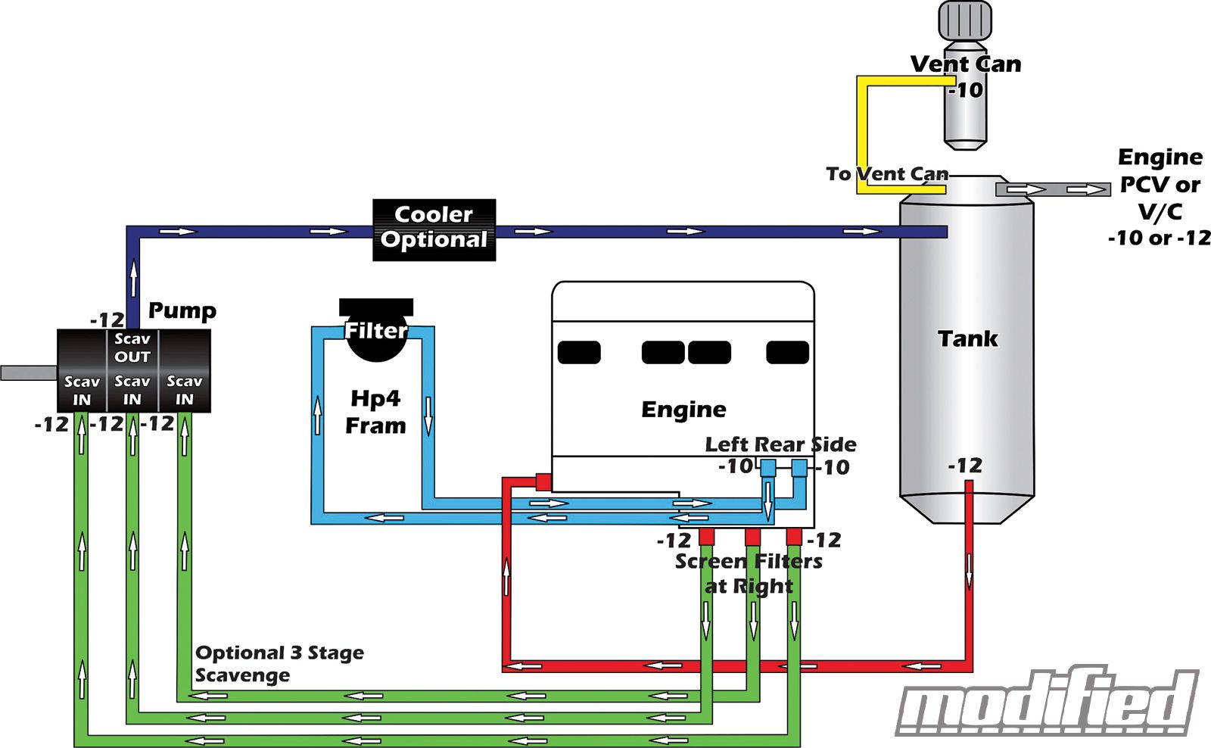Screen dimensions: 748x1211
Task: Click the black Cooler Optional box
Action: tap(434, 229)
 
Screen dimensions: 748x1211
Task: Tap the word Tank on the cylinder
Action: tap(967, 338)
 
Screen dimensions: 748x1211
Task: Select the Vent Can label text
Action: tap(965, 64)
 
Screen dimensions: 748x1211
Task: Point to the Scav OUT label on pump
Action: tap(132, 348)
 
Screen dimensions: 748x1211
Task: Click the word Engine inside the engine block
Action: tap(683, 410)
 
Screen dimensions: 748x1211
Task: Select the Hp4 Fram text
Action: tap(375, 412)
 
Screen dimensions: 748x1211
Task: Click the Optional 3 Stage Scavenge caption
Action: tap(279, 663)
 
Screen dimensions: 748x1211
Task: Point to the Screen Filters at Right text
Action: tap(749, 573)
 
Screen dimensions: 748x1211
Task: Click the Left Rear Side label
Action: tap(780, 444)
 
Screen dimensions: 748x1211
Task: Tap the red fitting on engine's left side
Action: tap(543, 482)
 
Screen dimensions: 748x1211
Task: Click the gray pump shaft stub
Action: tap(29, 372)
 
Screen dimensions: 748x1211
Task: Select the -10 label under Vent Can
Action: tap(967, 90)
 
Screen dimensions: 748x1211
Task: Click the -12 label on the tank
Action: tap(965, 465)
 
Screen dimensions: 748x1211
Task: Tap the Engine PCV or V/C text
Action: tap(1160, 197)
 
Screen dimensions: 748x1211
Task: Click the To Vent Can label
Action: tap(886, 174)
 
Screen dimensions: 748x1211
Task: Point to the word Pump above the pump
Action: tap(182, 310)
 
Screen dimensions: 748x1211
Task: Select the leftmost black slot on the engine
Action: tap(579, 352)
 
